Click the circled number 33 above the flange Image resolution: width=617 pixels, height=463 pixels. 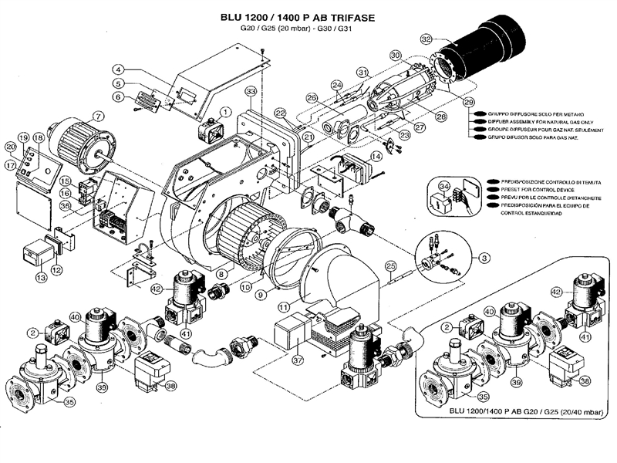pyautogui.click(x=251, y=92)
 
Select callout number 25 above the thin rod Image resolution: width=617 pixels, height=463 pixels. pyautogui.click(x=390, y=266)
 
